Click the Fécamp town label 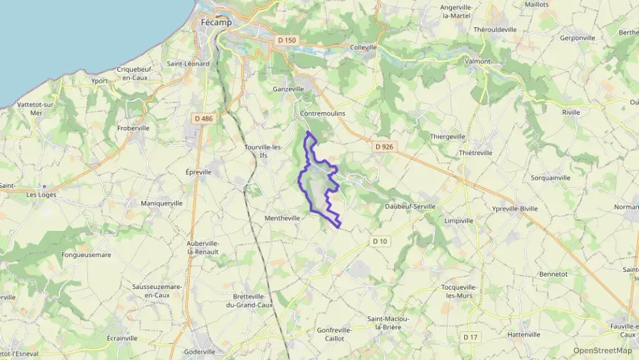coord(216,23)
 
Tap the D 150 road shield coord(287,40)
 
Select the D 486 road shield coord(203,118)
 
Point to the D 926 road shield coord(384,146)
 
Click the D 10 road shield coord(380,241)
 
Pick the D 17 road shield coord(470,337)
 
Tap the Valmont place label coord(477,61)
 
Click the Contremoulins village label coord(323,113)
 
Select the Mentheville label coord(283,219)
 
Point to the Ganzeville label coord(289,89)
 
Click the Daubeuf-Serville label coord(410,206)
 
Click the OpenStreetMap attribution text coord(602,350)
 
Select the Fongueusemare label coord(86,255)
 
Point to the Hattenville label coord(524,334)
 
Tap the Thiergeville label coord(447,136)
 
